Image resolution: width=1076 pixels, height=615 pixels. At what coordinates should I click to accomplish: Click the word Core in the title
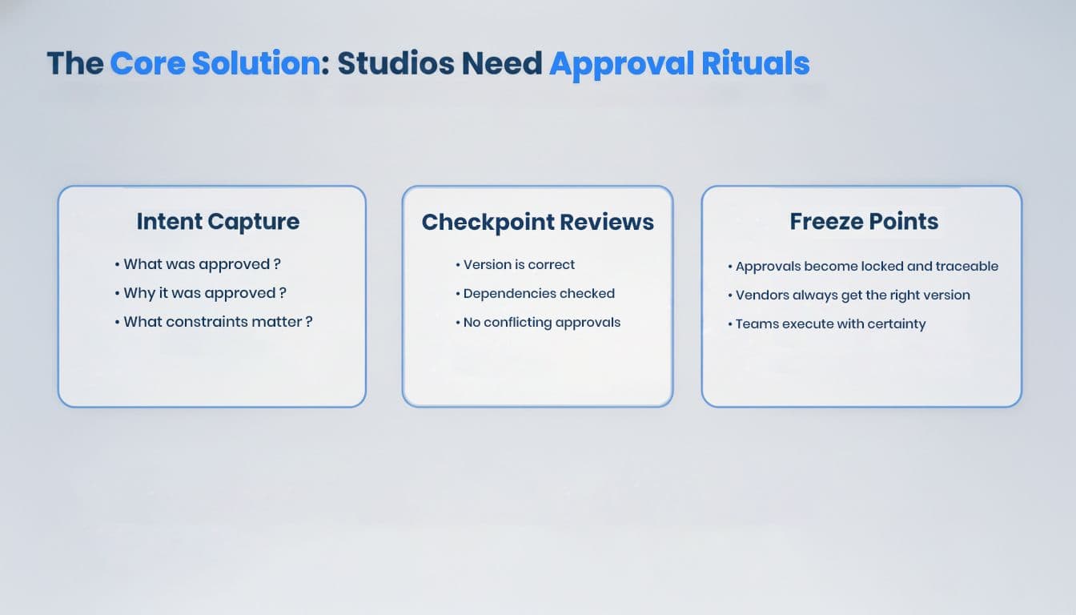coord(148,63)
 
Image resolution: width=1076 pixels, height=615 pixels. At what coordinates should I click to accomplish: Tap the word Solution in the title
coord(256,63)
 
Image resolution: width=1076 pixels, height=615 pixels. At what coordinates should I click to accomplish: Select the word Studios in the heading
coord(395,63)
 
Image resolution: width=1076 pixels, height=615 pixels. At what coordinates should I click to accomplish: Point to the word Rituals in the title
coord(755,63)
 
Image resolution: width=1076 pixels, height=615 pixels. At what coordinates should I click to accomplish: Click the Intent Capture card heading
coord(218,222)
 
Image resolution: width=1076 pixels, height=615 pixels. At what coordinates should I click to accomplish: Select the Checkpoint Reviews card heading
coord(537,222)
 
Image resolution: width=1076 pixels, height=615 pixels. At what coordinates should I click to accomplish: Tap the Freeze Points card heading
coord(864,222)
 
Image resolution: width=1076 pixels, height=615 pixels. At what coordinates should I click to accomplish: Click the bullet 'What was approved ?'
coord(198,264)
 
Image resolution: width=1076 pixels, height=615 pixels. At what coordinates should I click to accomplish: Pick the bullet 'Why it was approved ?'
coord(201,293)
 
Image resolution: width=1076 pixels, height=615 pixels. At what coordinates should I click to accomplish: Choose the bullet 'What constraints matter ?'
coord(214,322)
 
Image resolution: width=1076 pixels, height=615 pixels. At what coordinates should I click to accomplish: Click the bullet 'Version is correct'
coord(515,265)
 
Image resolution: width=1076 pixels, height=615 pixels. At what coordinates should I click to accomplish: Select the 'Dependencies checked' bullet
coord(535,294)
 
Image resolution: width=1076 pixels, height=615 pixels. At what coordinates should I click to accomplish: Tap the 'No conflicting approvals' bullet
coord(538,323)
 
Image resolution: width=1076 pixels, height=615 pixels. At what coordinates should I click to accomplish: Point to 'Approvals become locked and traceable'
coord(863,266)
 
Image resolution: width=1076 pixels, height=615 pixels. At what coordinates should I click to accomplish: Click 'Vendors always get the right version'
coord(849,295)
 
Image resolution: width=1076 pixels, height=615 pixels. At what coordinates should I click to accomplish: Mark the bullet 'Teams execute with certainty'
coord(827,324)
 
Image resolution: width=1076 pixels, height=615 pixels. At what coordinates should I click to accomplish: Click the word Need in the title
coord(501,63)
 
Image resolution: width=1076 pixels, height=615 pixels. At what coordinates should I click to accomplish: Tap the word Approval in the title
coord(621,64)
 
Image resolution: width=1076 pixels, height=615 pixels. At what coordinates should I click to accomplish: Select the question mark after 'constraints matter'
coord(309,322)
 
